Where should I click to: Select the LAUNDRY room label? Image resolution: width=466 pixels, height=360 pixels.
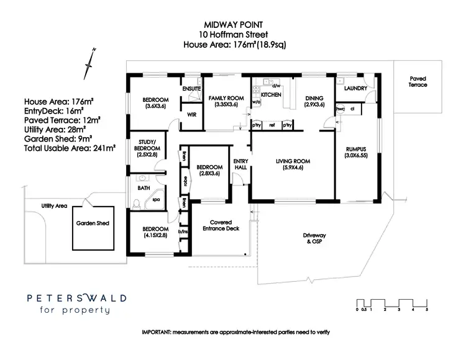pyautogui.click(x=355, y=89)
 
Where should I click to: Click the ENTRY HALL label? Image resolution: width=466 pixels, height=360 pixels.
pyautogui.click(x=240, y=164)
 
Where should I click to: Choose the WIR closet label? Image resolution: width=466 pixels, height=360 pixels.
pyautogui.click(x=191, y=114)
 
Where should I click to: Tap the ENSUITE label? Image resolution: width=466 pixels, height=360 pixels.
pyautogui.click(x=191, y=89)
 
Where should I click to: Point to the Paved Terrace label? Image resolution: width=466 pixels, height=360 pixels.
pyautogui.click(x=418, y=82)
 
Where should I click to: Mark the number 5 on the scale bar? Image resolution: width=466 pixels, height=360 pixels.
pyautogui.click(x=427, y=309)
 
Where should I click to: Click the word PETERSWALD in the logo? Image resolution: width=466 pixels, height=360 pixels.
pyautogui.click(x=76, y=298)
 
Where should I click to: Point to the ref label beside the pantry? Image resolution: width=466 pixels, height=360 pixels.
pyautogui.click(x=272, y=125)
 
